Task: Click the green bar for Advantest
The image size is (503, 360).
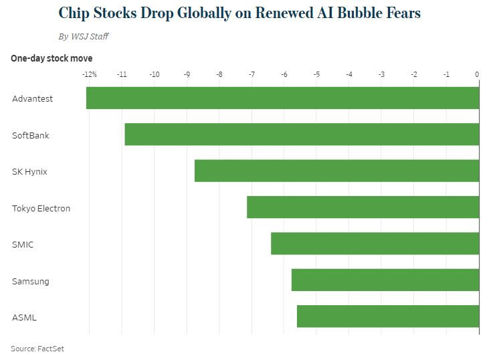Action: click(283, 98)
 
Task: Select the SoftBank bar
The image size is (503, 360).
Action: click(302, 134)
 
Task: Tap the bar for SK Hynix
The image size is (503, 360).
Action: click(337, 171)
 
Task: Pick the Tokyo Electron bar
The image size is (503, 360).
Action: click(363, 207)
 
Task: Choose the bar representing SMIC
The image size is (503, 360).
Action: click(375, 244)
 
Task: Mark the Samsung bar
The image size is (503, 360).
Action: click(386, 280)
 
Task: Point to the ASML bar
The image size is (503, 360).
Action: click(389, 317)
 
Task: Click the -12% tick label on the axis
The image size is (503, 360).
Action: click(89, 75)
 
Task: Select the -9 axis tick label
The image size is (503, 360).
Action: click(187, 75)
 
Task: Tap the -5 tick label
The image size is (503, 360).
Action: click(316, 75)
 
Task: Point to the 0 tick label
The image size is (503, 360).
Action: click(477, 75)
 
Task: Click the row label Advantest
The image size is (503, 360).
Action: click(32, 99)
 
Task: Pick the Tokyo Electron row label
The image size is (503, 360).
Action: click(41, 208)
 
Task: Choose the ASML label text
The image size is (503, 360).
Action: click(24, 317)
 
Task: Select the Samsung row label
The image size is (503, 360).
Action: click(30, 281)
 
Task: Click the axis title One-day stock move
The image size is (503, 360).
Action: click(52, 58)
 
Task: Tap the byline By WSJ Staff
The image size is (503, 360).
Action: click(84, 36)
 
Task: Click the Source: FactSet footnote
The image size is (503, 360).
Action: click(37, 349)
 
